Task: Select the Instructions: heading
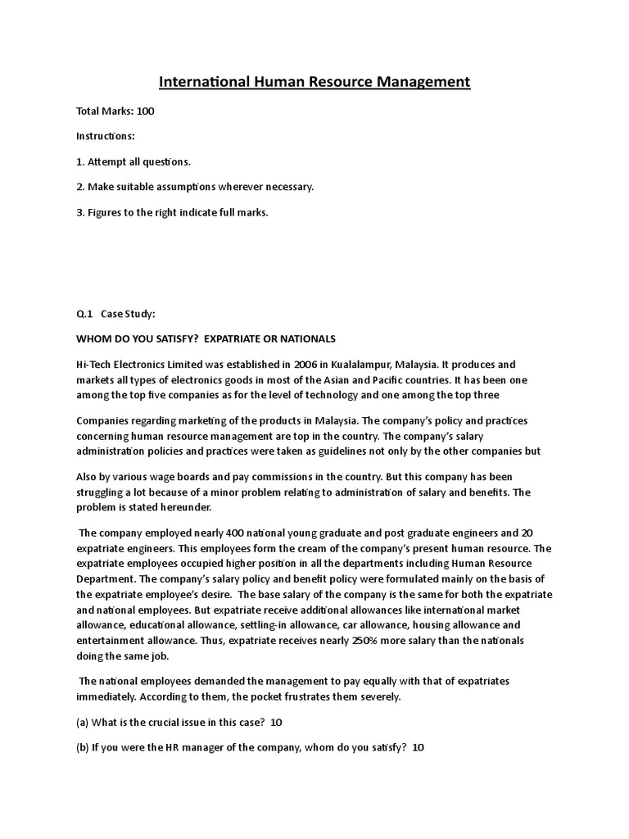[x=106, y=136]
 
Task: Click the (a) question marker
[x=84, y=722]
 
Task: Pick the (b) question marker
[x=84, y=747]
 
